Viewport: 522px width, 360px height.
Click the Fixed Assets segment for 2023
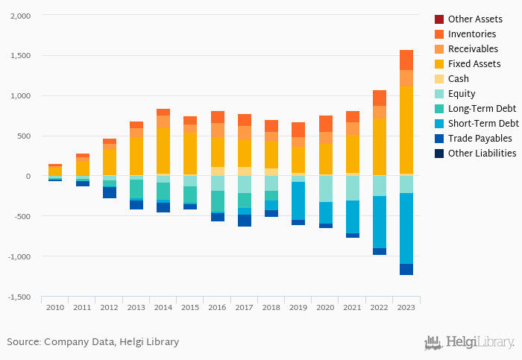[x=406, y=130]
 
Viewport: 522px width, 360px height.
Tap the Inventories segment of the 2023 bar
[x=406, y=60]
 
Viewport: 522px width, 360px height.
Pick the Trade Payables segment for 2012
[x=110, y=192]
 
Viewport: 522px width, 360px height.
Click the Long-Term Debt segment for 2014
[x=163, y=191]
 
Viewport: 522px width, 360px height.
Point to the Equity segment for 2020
[x=326, y=189]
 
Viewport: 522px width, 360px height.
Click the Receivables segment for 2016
[x=218, y=130]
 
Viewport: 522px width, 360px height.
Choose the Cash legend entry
[x=458, y=79]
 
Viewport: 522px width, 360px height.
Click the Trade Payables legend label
[x=479, y=139]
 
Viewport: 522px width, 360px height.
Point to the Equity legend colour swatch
[x=438, y=94]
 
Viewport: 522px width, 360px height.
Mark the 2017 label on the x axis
[x=245, y=307]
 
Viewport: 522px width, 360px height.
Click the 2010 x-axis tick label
[x=55, y=307]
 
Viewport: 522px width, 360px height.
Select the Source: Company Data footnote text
[x=93, y=342]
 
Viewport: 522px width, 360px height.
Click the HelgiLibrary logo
[x=469, y=343]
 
